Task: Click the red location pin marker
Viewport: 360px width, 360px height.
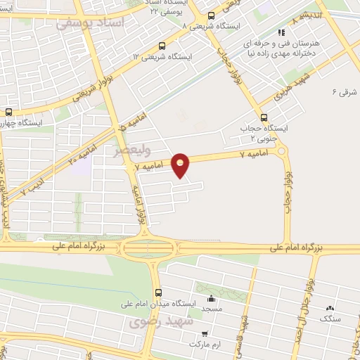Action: [181, 165]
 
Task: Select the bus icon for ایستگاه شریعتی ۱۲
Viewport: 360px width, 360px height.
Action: [163, 47]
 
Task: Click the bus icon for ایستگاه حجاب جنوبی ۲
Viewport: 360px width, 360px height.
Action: [264, 117]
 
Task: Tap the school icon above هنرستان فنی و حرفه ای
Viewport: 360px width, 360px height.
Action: [281, 32]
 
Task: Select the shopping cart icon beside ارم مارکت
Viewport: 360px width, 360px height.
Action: [204, 334]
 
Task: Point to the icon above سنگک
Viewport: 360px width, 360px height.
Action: [329, 308]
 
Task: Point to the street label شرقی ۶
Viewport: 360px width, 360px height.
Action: [345, 92]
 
